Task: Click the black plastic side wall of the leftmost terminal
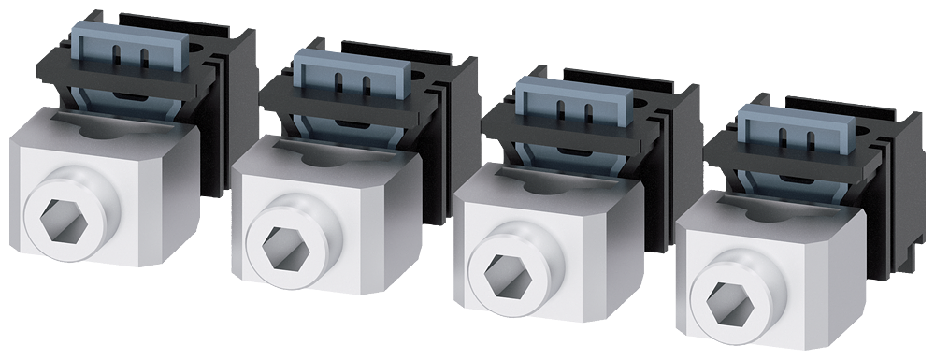217,122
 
